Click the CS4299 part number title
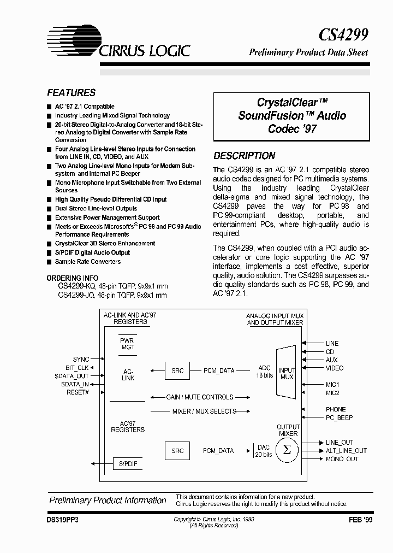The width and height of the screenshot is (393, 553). pyautogui.click(x=343, y=35)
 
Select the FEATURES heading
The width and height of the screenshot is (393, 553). pyautogui.click(x=71, y=93)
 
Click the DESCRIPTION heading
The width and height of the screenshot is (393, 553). pyautogui.click(x=244, y=156)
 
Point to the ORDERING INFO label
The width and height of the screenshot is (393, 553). pyautogui.click(x=78, y=278)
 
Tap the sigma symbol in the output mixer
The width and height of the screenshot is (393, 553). pyautogui.click(x=284, y=450)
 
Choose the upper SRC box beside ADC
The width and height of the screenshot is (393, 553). pyautogui.click(x=177, y=370)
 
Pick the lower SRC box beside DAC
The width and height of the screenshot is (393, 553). pyautogui.click(x=177, y=451)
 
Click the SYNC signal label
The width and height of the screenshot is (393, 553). pyautogui.click(x=80, y=359)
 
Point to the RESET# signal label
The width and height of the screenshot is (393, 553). pyautogui.click(x=78, y=392)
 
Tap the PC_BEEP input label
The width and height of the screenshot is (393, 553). pyautogui.click(x=339, y=417)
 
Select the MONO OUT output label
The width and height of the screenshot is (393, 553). pyautogui.click(x=342, y=459)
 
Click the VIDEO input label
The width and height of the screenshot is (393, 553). pyautogui.click(x=335, y=368)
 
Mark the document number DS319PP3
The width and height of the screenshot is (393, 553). pyautogui.click(x=64, y=521)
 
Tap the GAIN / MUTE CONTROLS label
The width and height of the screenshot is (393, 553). pyautogui.click(x=199, y=397)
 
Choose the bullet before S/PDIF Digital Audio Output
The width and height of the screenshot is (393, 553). pyautogui.click(x=50, y=253)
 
